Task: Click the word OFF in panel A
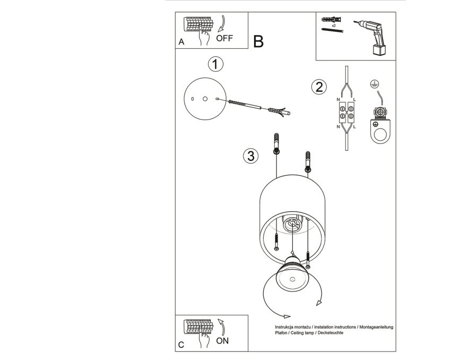click(224, 38)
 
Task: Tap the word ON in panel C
click(222, 341)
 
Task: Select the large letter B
click(258, 41)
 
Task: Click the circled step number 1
click(215, 64)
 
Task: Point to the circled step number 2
click(319, 87)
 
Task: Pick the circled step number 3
click(251, 156)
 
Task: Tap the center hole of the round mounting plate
click(205, 99)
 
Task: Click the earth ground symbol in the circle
click(375, 84)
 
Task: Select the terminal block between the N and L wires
click(346, 112)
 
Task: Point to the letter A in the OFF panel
click(181, 42)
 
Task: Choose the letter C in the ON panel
click(181, 345)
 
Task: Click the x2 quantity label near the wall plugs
click(334, 25)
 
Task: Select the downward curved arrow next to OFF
click(221, 23)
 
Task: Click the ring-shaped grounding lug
click(380, 131)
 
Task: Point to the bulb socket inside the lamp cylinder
click(293, 223)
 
